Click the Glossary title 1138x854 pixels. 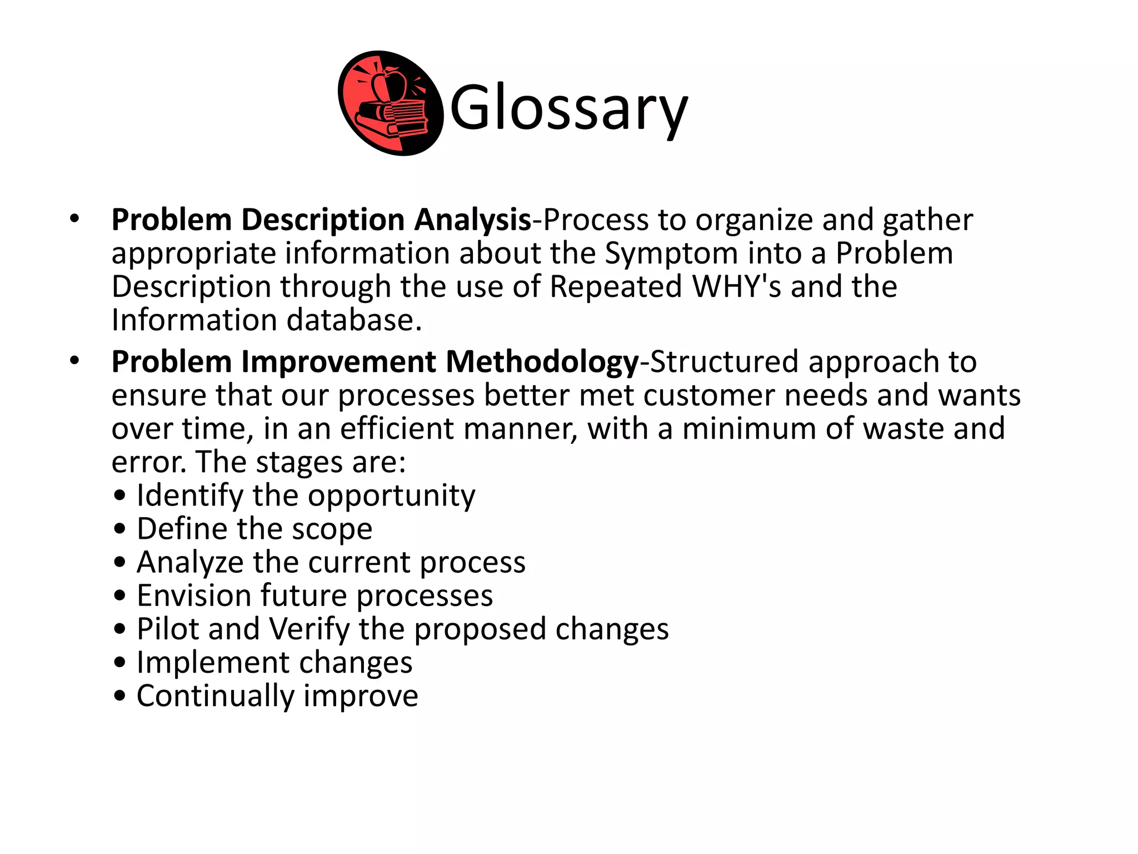568,107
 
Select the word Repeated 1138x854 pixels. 616,287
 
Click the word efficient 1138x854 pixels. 397,429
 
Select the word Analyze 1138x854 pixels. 190,563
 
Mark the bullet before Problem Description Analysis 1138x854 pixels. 74,219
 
